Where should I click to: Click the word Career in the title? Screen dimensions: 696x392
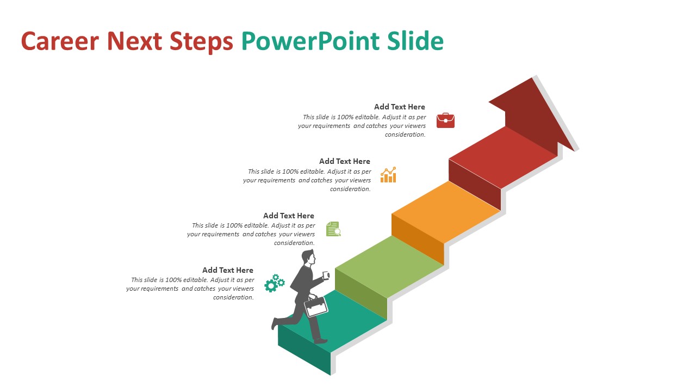pos(60,41)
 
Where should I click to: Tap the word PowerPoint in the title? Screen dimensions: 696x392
pos(310,42)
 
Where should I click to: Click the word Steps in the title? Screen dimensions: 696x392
pos(201,42)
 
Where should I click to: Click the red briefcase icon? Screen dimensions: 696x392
pos(445,120)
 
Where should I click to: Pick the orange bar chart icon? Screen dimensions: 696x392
pos(388,175)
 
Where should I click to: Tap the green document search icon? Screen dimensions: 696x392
pos(333,229)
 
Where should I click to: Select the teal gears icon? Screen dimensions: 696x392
pos(275,283)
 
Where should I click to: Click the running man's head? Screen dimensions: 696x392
pos(308,258)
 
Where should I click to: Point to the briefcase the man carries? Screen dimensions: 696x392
pos(315,306)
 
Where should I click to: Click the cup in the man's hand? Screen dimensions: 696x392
pos(326,275)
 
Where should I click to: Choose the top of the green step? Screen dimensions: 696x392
pos(389,267)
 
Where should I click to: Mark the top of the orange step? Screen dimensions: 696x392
pos(446,212)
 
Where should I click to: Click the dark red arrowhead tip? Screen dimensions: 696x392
pos(533,78)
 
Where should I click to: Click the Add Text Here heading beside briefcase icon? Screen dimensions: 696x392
pos(399,107)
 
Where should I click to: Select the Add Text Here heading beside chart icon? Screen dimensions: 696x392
pos(345,161)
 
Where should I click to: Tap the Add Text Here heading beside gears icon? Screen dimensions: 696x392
pos(228,270)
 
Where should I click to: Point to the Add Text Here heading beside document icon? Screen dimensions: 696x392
pos(289,216)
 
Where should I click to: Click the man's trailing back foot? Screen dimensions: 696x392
pos(275,323)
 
